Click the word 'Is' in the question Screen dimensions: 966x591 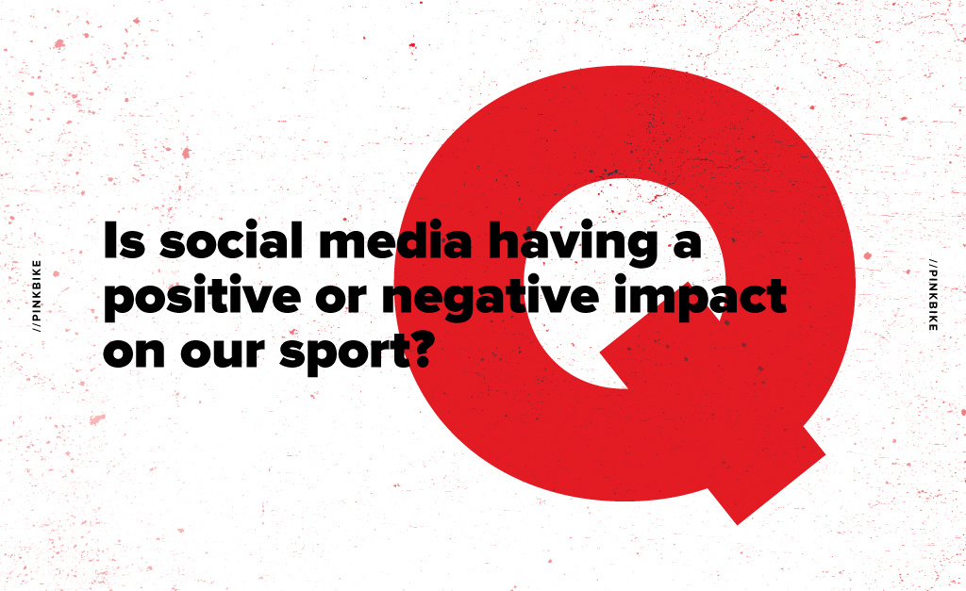pyautogui.click(x=124, y=239)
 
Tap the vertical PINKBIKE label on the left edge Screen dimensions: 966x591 pyautogui.click(x=37, y=296)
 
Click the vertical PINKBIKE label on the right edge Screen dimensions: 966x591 pyautogui.click(x=933, y=294)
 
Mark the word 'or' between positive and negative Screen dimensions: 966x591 pyautogui.click(x=341, y=300)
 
